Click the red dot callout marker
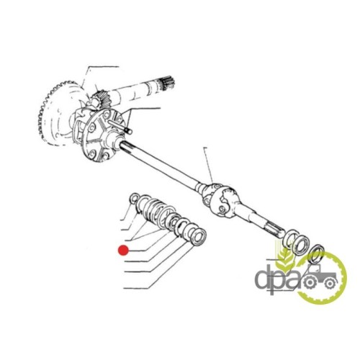click(123, 250)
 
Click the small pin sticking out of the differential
click(120, 126)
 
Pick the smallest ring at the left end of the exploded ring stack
click(134, 198)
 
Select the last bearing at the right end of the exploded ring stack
click(199, 238)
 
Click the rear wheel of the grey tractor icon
click(310, 283)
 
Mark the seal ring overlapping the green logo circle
click(317, 256)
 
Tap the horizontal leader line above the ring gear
click(104, 66)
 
